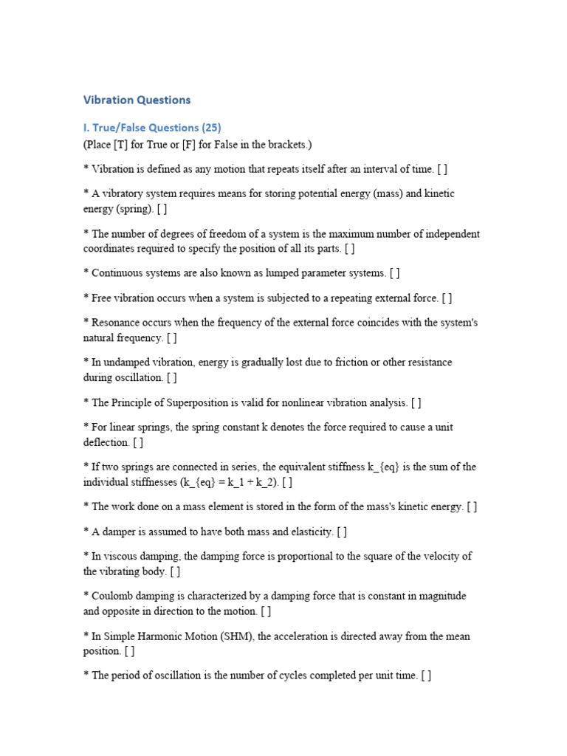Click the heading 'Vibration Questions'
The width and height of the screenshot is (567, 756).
(x=137, y=100)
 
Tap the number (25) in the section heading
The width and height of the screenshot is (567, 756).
(x=210, y=127)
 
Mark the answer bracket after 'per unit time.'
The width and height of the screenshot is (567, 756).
(x=426, y=676)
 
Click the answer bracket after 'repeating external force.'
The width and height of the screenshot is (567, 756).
(x=447, y=298)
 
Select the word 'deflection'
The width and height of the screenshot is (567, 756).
(x=107, y=442)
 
